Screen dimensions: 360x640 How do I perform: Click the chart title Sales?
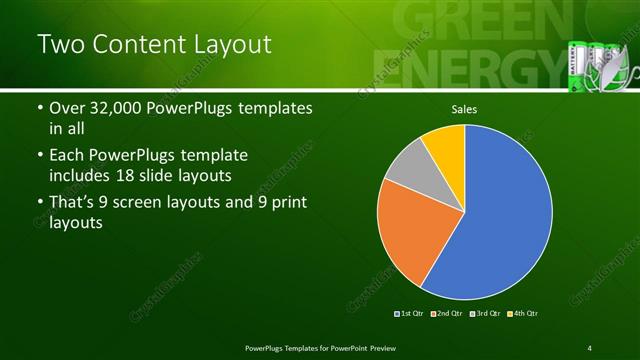point(464,108)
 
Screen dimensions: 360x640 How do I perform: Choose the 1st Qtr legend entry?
point(409,314)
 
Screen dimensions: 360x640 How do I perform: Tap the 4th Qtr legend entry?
point(522,314)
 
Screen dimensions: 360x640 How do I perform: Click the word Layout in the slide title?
point(224,44)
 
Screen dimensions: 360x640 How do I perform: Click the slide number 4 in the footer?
point(590,348)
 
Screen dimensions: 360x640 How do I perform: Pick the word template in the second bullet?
point(215,156)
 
